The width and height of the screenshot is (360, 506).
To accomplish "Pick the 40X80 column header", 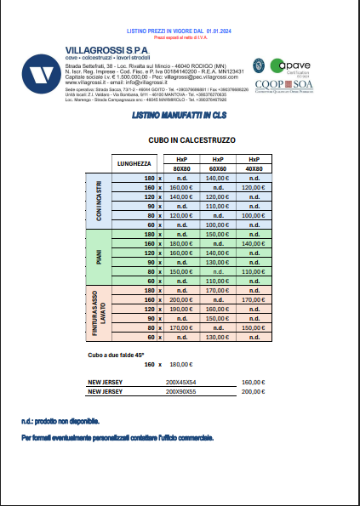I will (254, 168).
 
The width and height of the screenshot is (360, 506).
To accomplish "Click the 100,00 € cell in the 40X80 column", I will (254, 216).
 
